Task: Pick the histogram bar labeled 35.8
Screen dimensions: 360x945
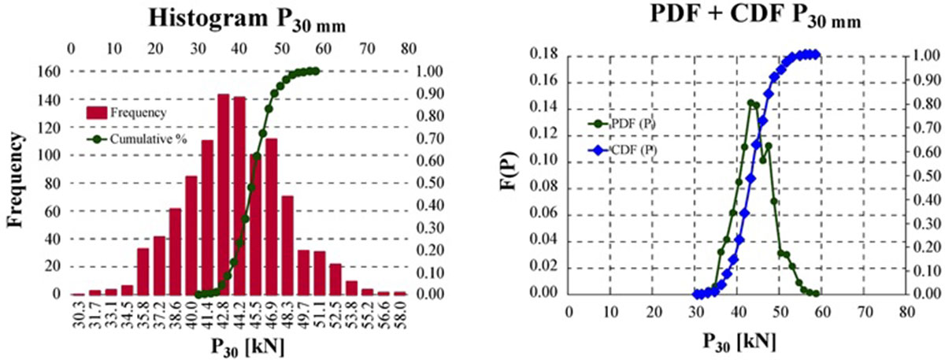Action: click(143, 271)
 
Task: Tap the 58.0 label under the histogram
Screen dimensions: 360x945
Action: click(402, 315)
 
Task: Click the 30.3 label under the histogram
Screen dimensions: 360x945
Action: click(78, 315)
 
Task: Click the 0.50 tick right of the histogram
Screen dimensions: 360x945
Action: click(432, 183)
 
